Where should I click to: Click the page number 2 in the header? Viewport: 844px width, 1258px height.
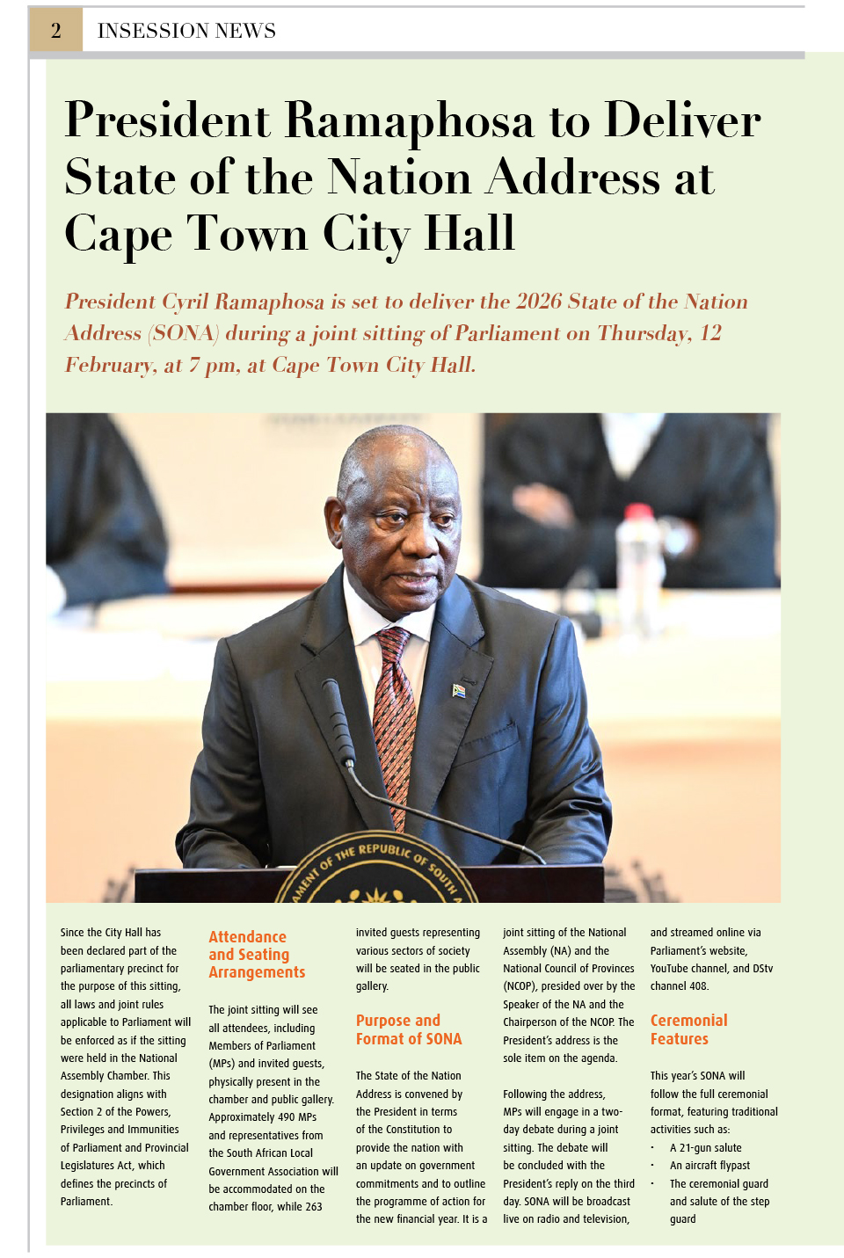coord(56,31)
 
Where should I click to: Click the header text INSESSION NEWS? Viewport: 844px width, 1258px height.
coord(186,31)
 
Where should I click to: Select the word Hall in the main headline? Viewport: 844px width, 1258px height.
coord(469,234)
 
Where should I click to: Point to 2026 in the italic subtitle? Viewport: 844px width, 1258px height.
coord(538,302)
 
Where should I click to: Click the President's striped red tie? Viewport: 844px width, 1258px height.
coord(396,712)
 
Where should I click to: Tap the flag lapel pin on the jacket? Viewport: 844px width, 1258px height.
coord(458,690)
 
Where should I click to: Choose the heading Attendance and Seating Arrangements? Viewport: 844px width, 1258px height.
coord(256,955)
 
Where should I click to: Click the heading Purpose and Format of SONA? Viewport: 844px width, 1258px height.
coord(408,1029)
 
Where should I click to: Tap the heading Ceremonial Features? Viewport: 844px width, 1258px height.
coord(688,1029)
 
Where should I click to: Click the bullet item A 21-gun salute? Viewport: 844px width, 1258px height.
coord(705,1147)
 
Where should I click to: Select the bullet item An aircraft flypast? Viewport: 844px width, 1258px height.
coord(709,1166)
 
